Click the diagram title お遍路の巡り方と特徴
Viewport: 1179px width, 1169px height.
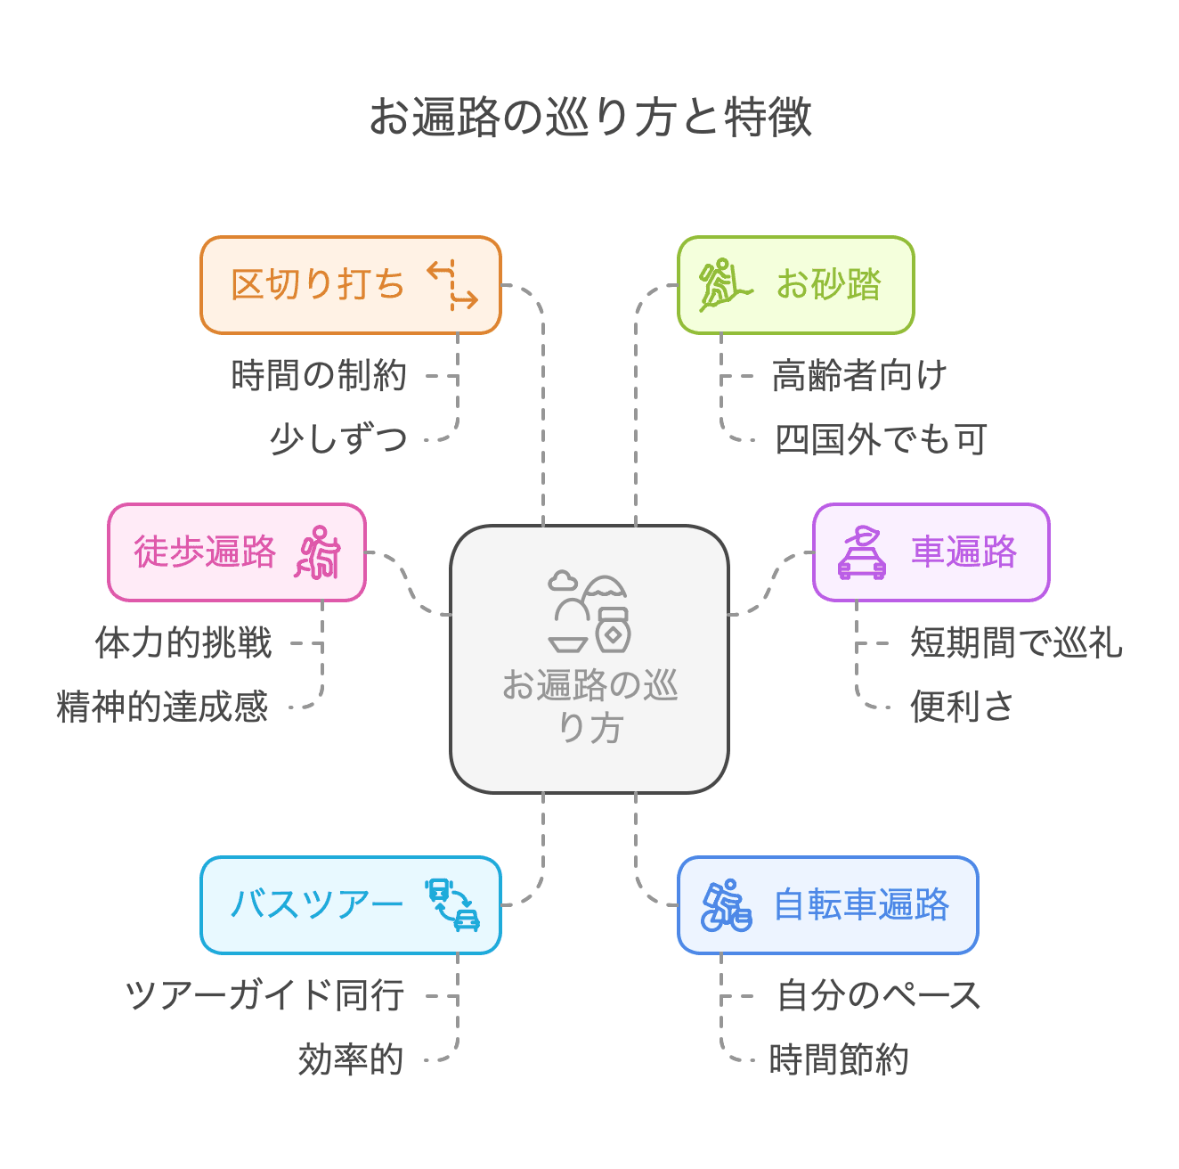[x=590, y=117]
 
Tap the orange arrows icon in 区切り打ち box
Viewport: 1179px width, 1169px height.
[x=452, y=285]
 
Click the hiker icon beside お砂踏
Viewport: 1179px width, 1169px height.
[x=724, y=285]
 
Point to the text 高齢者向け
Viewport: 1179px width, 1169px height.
[x=858, y=376]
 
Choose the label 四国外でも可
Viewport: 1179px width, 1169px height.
[x=880, y=439]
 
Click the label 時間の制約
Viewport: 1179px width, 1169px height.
[x=319, y=376]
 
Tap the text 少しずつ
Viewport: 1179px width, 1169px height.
[x=338, y=439]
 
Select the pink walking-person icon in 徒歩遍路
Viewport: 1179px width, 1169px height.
[x=318, y=552]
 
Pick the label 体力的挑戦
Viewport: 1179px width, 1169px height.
[x=183, y=642]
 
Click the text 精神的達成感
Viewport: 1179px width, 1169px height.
[x=162, y=707]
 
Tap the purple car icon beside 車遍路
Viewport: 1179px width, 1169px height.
[x=861, y=552]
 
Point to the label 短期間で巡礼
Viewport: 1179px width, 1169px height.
[x=1016, y=642]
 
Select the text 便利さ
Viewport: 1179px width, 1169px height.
[x=962, y=707]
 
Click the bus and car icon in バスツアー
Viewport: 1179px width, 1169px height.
[x=452, y=904]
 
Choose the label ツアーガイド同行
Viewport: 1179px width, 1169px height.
[x=264, y=995]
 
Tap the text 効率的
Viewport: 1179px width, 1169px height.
[x=351, y=1059]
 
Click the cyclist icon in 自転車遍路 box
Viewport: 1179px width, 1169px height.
[x=726, y=905]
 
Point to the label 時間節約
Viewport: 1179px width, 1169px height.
[x=839, y=1059]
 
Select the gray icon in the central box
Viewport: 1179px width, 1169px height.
[x=589, y=612]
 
